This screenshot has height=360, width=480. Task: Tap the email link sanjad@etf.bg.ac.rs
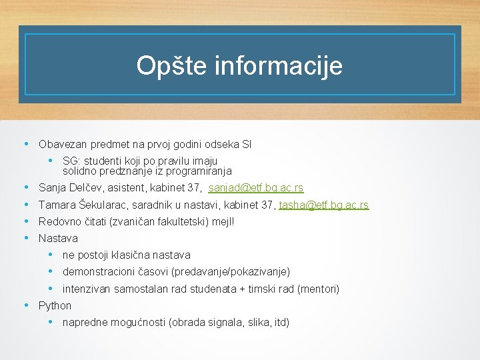[x=256, y=189]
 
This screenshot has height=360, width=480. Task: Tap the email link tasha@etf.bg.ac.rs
[x=324, y=205]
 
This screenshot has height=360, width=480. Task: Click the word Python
[x=55, y=305]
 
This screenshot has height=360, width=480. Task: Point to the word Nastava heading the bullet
[x=58, y=238]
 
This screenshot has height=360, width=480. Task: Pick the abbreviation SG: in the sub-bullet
[x=71, y=161]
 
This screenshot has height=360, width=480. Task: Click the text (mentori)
[x=318, y=289]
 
